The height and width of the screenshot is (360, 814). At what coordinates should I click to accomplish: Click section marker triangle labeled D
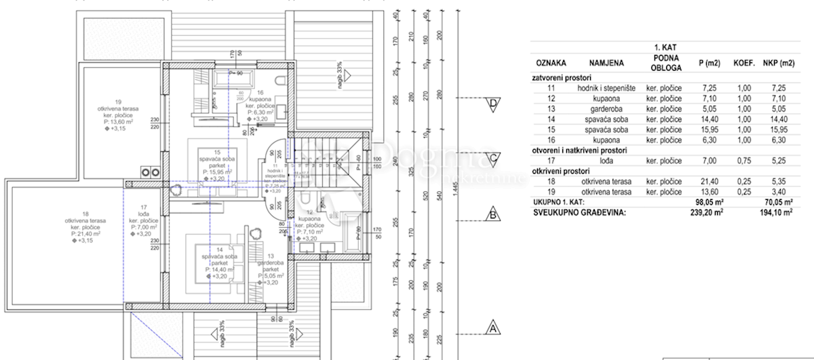point(494,104)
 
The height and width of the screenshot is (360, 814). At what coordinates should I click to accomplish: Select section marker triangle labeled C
point(494,159)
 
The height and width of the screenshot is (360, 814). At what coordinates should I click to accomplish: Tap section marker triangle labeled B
point(494,216)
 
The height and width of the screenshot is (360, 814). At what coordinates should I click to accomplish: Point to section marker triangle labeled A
point(494,328)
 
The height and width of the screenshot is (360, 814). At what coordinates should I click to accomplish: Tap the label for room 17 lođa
point(144,220)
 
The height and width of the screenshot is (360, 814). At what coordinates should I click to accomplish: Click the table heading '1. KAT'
point(664,47)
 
